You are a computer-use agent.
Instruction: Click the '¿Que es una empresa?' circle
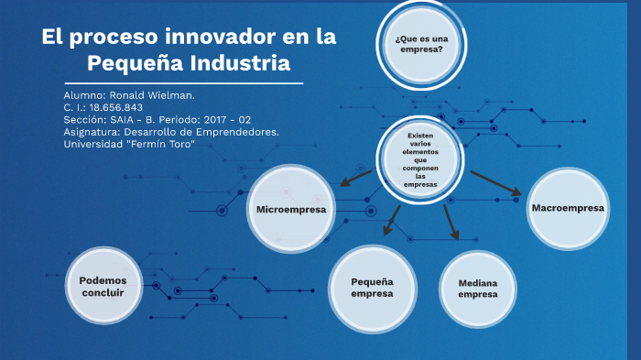click(x=420, y=44)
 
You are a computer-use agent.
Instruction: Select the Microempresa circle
click(x=291, y=210)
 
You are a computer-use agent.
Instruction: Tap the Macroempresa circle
click(x=568, y=208)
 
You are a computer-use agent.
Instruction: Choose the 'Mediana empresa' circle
click(x=478, y=289)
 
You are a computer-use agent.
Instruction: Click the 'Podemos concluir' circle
click(x=103, y=286)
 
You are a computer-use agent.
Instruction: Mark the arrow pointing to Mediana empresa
click(x=451, y=223)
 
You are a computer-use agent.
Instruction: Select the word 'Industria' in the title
click(x=241, y=64)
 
